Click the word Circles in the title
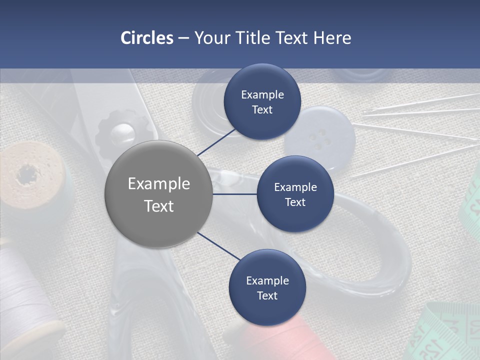coord(146,38)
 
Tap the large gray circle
coord(158,194)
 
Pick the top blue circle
coord(262,101)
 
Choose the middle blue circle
coord(295,194)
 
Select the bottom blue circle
coord(267,287)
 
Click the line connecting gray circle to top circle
coord(216,142)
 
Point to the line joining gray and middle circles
coord(235,194)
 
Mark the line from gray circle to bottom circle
coord(219,246)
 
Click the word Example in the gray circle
coord(158,183)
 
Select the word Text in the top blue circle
coord(262,110)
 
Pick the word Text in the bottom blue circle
coord(267,295)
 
